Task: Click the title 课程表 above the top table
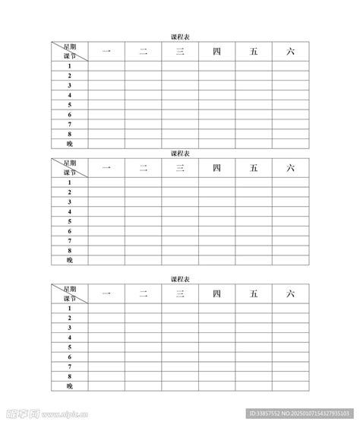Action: [180, 36]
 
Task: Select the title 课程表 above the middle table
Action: [180, 153]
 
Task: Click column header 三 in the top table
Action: [180, 52]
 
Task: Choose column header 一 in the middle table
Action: [106, 167]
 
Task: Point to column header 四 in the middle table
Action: [217, 167]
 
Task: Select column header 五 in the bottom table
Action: [254, 293]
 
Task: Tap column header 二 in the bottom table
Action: [144, 293]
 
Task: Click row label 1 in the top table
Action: [70, 66]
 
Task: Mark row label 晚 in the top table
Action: [70, 143]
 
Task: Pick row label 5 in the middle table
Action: [70, 221]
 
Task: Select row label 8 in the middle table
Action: [70, 250]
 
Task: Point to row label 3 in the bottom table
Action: [70, 328]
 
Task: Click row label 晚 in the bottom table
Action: [70, 385]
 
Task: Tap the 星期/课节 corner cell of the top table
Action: [70, 52]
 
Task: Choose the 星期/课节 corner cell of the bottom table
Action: [70, 293]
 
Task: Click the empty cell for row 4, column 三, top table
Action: [180, 95]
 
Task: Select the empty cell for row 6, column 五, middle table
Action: [254, 231]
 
